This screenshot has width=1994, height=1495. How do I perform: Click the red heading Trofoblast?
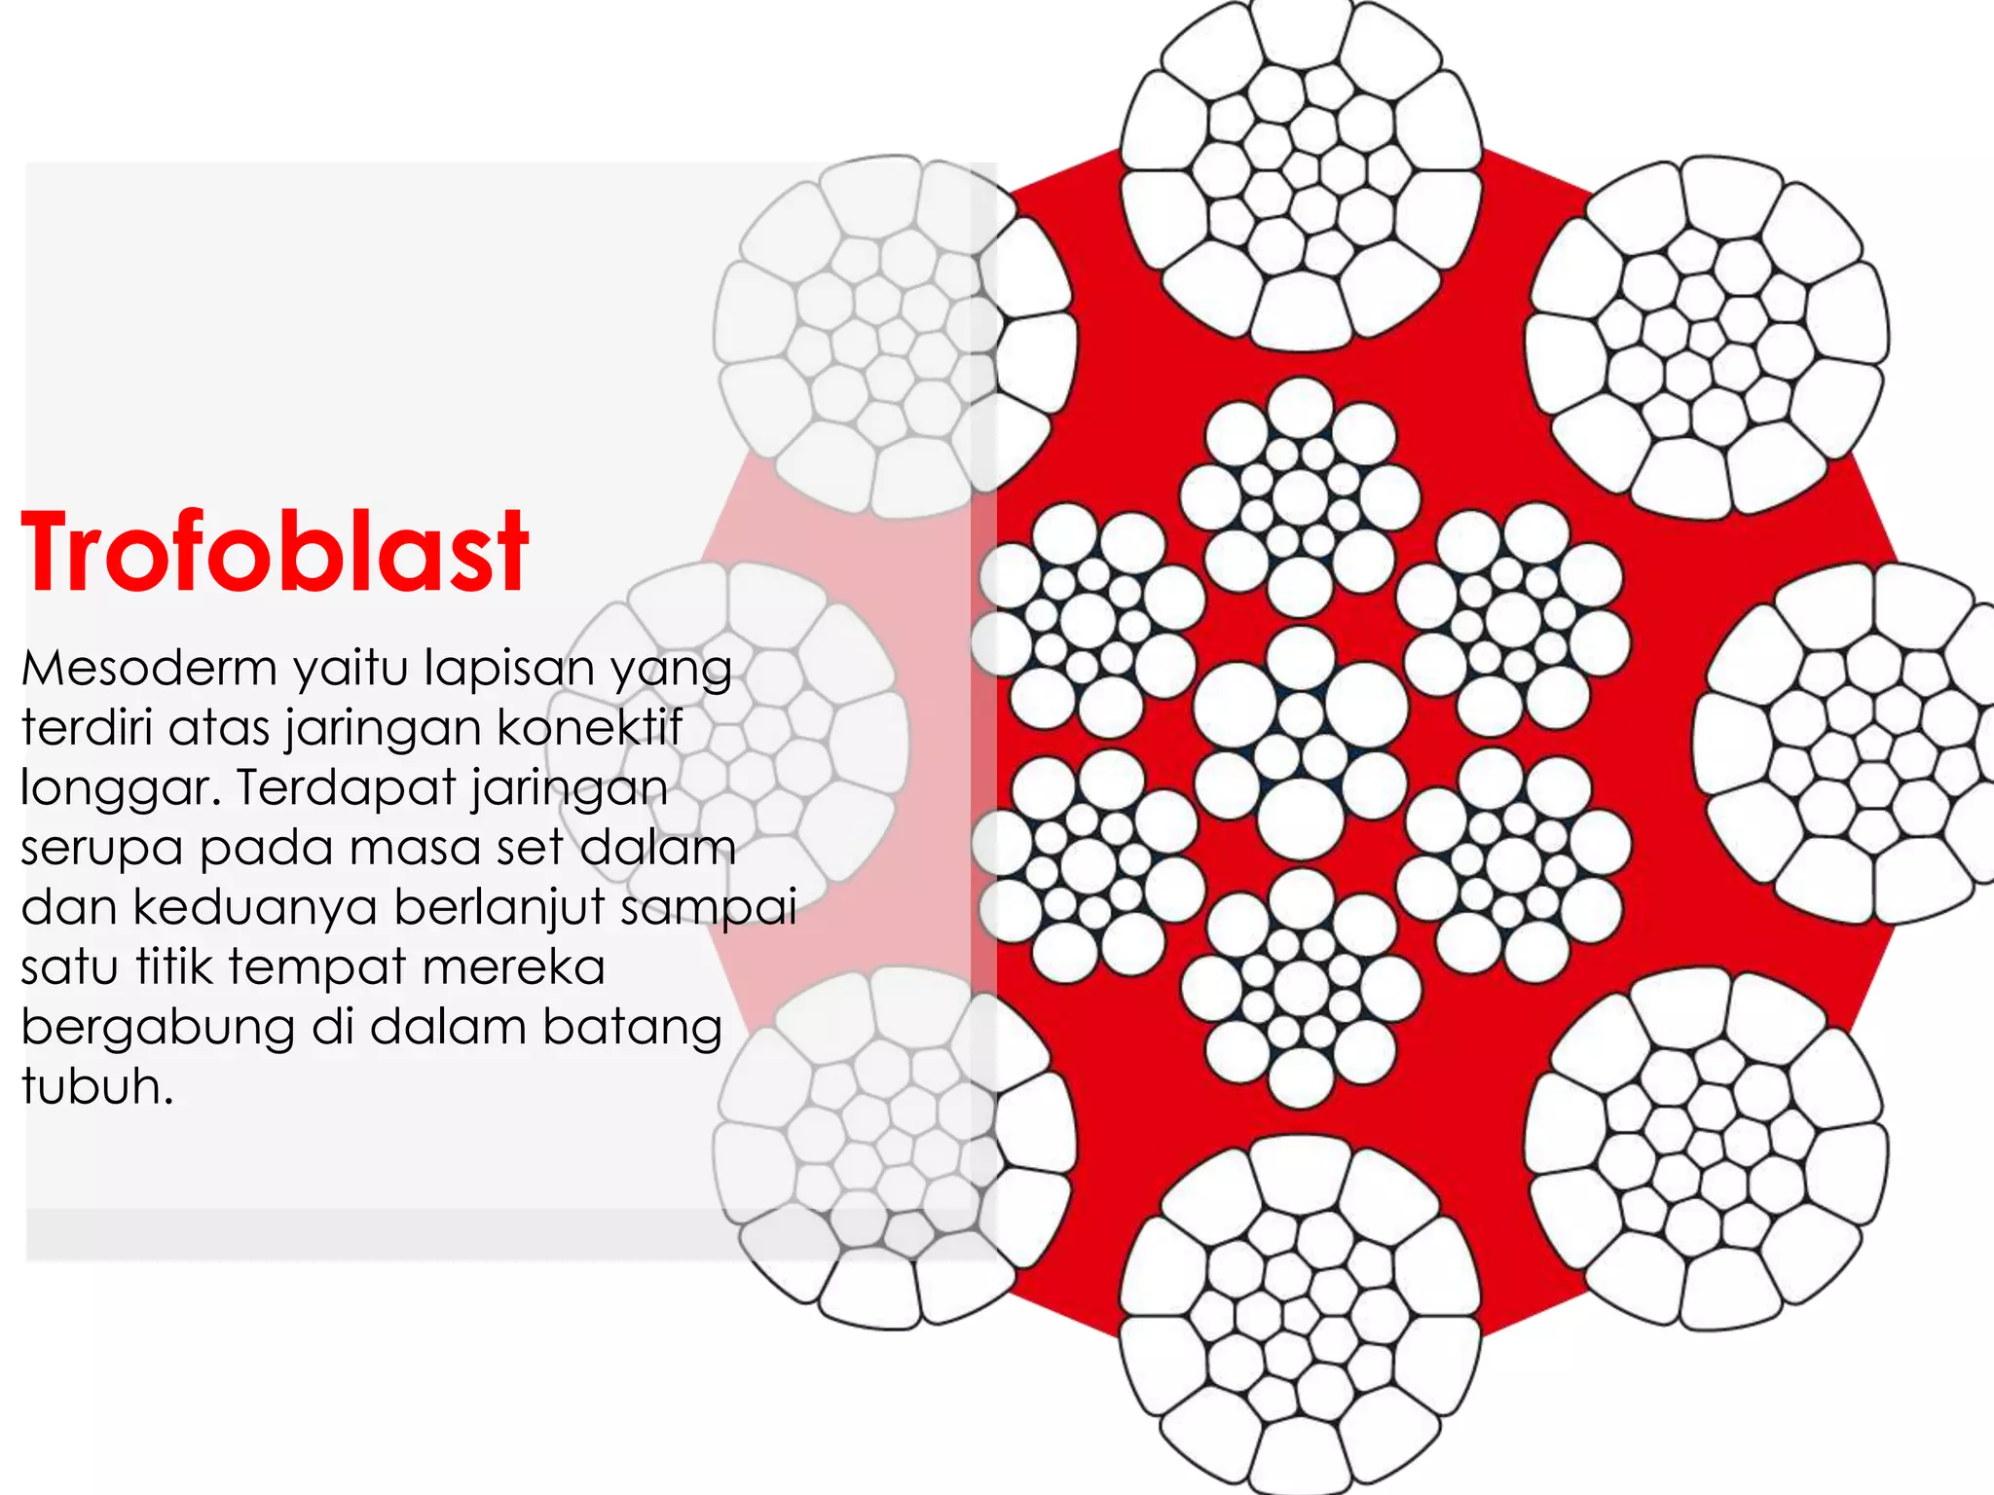[x=275, y=551]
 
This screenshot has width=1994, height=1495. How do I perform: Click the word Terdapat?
[x=344, y=788]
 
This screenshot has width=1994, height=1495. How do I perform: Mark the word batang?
[x=632, y=1027]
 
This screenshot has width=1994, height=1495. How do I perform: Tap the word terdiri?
[x=87, y=727]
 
